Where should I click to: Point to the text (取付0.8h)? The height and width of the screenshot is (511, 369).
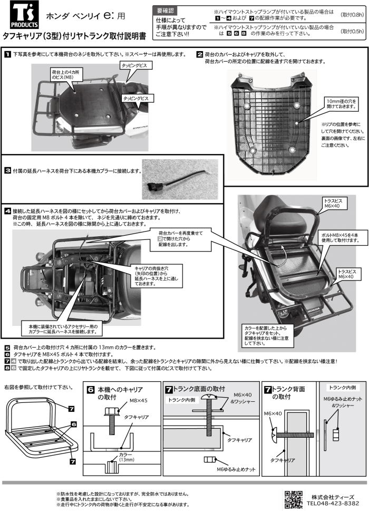[x=352, y=15]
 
